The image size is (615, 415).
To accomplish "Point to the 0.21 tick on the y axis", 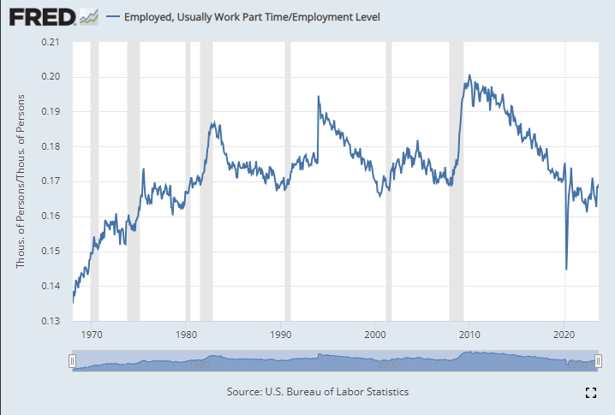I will click(x=52, y=42).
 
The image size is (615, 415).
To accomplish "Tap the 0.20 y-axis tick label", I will click(x=52, y=77).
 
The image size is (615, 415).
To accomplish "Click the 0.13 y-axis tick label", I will click(x=52, y=321).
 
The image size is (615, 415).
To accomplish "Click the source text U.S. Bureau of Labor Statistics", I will click(x=317, y=391).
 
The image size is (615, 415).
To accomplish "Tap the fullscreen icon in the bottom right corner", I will click(x=589, y=393).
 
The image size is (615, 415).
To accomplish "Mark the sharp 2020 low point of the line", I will click(x=566, y=269).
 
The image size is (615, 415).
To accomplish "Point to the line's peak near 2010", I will click(x=469, y=75).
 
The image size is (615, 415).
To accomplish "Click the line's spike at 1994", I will click(x=319, y=97).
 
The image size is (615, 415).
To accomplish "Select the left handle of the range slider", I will click(x=73, y=363).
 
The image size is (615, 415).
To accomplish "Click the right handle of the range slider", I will click(x=597, y=363).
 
